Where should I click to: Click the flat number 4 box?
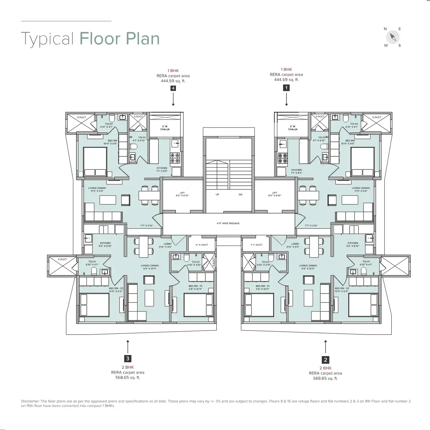click(173, 88)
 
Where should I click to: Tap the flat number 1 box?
click(286, 87)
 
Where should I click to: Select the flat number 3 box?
click(127, 358)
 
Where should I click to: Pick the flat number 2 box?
click(325, 359)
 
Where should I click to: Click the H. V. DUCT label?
click(202, 245)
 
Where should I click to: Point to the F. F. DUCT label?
click(256, 245)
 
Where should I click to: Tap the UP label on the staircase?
click(217, 194)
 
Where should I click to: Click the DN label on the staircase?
click(240, 194)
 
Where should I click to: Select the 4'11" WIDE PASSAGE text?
click(228, 223)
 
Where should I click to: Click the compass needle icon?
click(393, 37)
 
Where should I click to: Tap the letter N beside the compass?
click(385, 29)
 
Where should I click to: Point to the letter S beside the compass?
click(400, 46)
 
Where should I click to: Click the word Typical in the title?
click(48, 39)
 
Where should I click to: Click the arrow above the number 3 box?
click(127, 346)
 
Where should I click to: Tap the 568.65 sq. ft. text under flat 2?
click(325, 378)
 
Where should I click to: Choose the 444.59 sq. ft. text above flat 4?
click(173, 81)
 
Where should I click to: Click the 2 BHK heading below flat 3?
click(127, 367)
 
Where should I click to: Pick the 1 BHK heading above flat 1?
click(286, 69)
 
